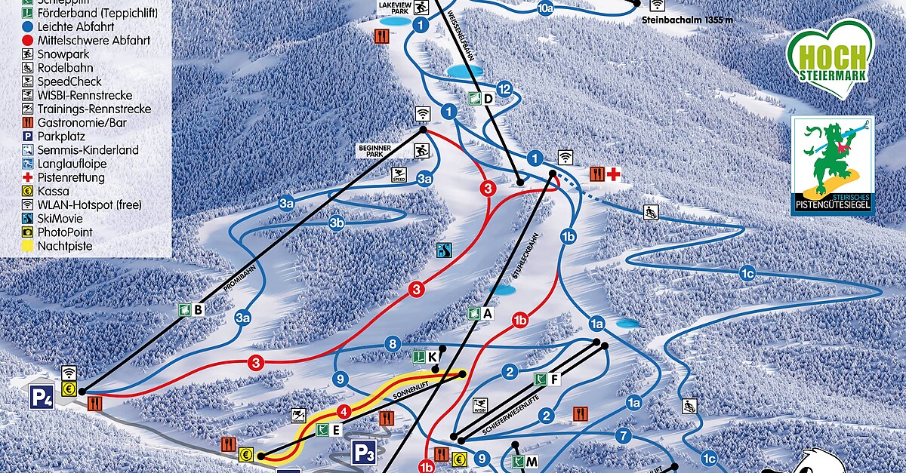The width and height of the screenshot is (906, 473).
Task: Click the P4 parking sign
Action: click(x=42, y=397)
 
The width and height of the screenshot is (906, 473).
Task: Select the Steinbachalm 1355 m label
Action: click(x=687, y=20)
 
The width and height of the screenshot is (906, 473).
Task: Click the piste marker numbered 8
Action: click(x=392, y=345)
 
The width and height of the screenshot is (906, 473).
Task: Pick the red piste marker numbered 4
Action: click(x=344, y=412)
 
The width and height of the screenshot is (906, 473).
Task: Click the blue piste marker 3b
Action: click(x=337, y=223)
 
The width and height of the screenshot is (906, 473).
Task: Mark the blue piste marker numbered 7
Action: click(x=623, y=435)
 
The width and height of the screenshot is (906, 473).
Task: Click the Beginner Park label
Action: click(x=374, y=152)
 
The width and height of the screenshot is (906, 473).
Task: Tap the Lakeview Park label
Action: click(x=393, y=8)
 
